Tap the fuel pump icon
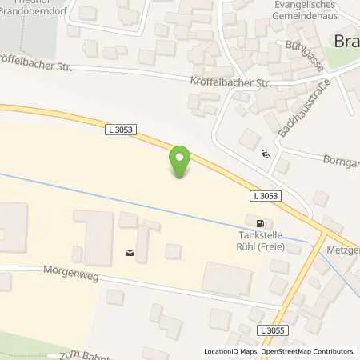pyautogui.click(x=258, y=223)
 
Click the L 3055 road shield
pyautogui.click(x=271, y=330)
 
